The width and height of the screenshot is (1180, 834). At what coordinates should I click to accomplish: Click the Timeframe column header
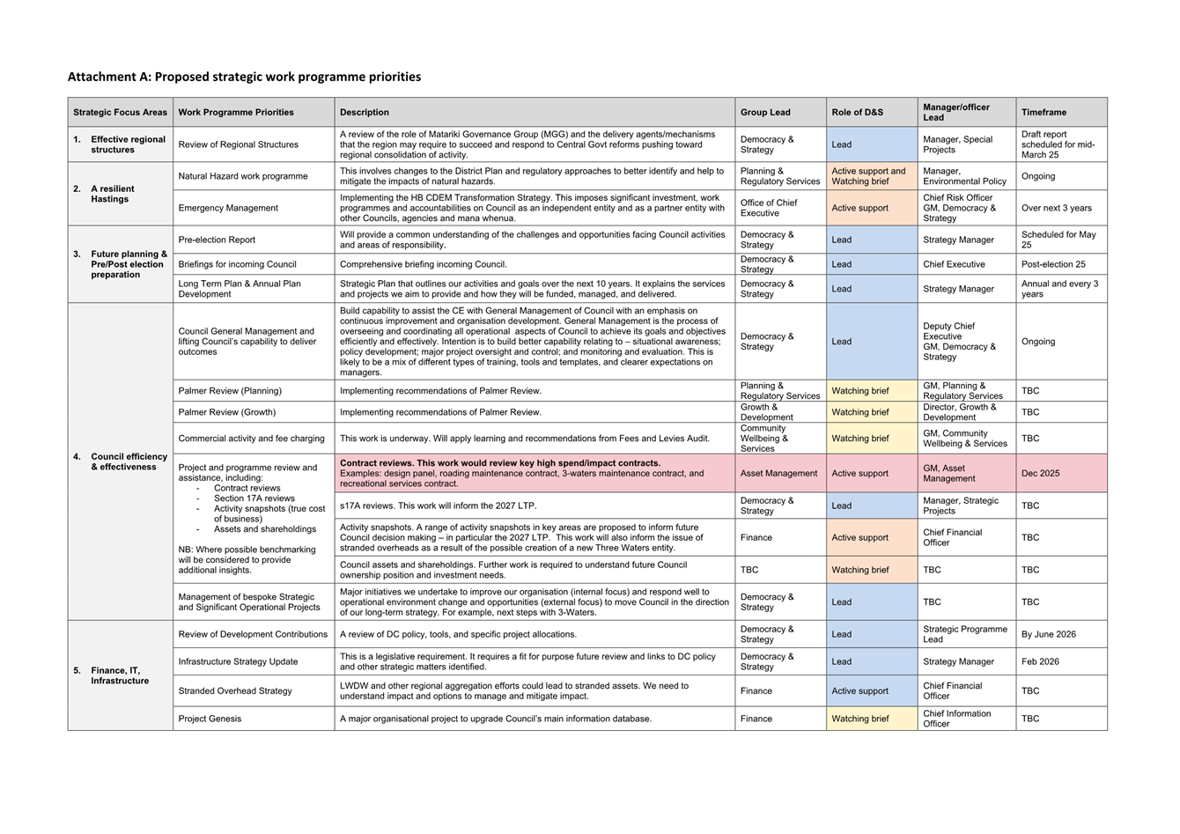1044,112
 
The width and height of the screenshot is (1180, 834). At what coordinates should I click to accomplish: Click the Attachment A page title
244,77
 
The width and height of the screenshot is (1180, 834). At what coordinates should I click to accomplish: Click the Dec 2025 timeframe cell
1040,473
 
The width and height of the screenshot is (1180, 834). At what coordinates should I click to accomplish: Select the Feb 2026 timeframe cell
1040,661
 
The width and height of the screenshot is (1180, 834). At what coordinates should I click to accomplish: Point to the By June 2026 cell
1048,634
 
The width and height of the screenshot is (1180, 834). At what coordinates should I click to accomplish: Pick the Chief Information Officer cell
956,719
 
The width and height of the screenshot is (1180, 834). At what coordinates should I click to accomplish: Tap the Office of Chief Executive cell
769,208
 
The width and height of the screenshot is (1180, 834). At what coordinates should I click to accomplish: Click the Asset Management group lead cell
778,473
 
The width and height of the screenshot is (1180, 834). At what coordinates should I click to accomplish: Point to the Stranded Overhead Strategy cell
234,691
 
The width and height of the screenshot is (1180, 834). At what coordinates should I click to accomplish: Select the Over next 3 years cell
1056,208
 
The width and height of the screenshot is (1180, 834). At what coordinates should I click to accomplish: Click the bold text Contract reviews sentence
499,463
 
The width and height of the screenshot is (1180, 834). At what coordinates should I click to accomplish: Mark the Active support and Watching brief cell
868,176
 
